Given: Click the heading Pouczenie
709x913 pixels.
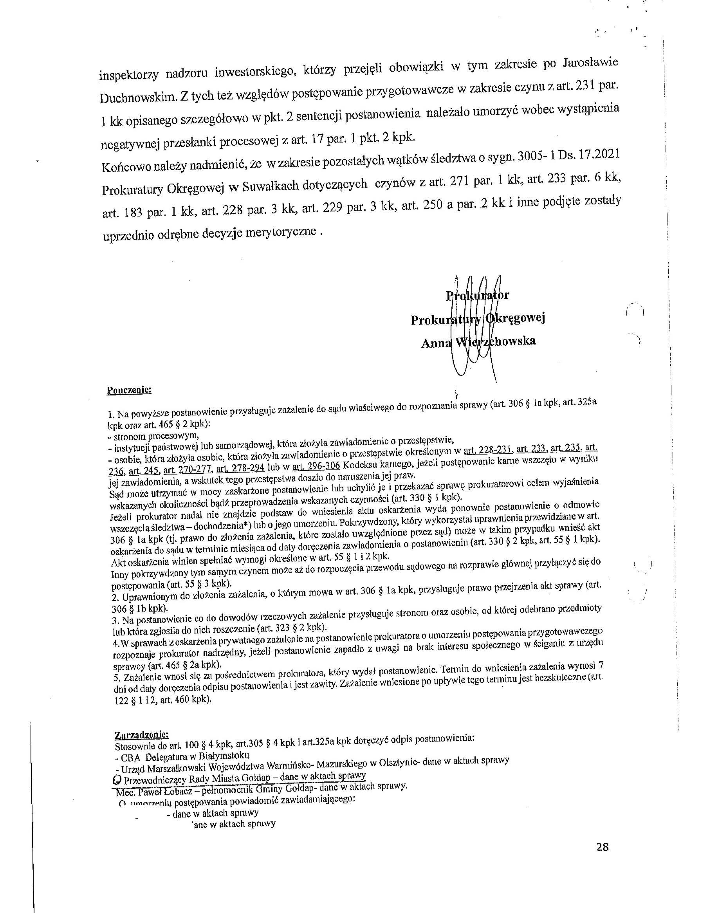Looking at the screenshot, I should [129, 390].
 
